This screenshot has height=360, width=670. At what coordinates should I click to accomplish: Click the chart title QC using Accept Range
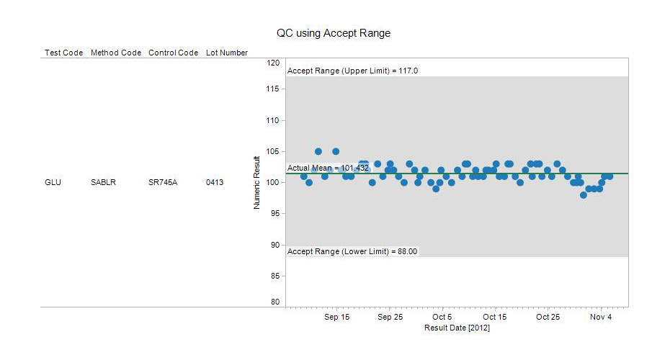pyautogui.click(x=334, y=33)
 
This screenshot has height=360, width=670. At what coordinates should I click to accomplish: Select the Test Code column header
pyautogui.click(x=63, y=53)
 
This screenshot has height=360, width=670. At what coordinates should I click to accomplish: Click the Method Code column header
pyautogui.click(x=116, y=53)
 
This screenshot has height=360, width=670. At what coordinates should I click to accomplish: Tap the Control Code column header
pyautogui.click(x=173, y=53)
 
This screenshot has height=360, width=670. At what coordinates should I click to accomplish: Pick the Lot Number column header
pyautogui.click(x=227, y=53)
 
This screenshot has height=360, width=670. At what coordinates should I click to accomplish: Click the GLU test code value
pyautogui.click(x=53, y=183)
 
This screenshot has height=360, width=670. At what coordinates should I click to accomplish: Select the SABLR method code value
pyautogui.click(x=104, y=183)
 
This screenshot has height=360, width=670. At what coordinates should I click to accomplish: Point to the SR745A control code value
pyautogui.click(x=162, y=183)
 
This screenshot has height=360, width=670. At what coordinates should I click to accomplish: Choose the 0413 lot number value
pyautogui.click(x=215, y=183)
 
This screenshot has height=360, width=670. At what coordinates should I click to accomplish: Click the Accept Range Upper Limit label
pyautogui.click(x=352, y=71)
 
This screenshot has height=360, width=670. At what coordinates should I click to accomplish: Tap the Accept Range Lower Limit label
pyautogui.click(x=352, y=251)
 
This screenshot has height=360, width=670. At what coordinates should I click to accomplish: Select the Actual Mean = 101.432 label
pyautogui.click(x=328, y=168)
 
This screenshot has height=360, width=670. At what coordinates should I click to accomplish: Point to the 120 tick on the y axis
pyautogui.click(x=273, y=63)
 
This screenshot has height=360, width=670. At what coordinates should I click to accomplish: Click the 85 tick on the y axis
pyautogui.click(x=274, y=276)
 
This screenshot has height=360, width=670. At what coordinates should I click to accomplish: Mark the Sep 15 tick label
pyautogui.click(x=336, y=317)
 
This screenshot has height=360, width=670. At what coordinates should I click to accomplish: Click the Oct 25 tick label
pyautogui.click(x=548, y=317)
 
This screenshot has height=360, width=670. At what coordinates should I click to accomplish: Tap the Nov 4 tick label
pyautogui.click(x=601, y=317)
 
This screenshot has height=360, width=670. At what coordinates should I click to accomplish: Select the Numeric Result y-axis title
pyautogui.click(x=256, y=183)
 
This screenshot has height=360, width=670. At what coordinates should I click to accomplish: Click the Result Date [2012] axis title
pyautogui.click(x=457, y=328)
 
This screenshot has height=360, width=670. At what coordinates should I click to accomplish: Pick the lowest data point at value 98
pyautogui.click(x=584, y=195)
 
